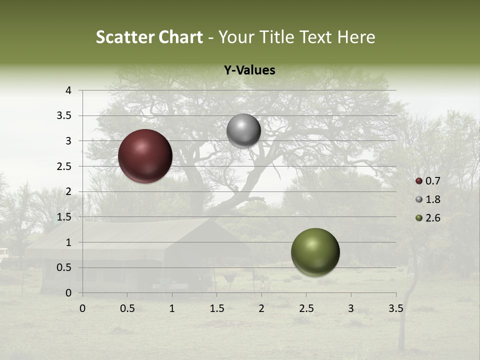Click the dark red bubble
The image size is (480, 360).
[x=145, y=156]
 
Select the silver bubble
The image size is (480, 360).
[x=243, y=130]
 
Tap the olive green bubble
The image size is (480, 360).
[x=315, y=252]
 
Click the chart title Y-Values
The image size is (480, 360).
[x=249, y=70]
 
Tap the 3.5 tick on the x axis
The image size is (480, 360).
[x=395, y=308]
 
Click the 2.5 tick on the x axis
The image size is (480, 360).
[x=306, y=308]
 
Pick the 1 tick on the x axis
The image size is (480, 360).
[x=172, y=308]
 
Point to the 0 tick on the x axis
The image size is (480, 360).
[x=82, y=308]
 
